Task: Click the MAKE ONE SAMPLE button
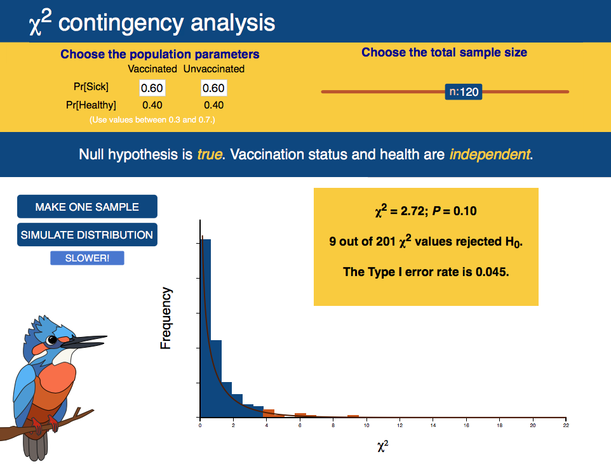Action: [87, 207]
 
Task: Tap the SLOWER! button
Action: [87, 258]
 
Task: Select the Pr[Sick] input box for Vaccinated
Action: [152, 88]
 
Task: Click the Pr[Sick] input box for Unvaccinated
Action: [214, 88]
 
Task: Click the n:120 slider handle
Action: [463, 92]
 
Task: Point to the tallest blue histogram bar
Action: [205, 328]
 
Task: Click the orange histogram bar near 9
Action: [353, 416]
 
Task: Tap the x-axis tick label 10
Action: [366, 425]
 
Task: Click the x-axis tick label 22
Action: [566, 425]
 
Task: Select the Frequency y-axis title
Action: [166, 318]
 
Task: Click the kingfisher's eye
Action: [51, 340]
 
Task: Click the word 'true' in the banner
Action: [210, 154]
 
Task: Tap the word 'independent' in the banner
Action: [490, 154]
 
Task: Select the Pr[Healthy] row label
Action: [91, 105]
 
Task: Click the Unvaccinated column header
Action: [214, 69]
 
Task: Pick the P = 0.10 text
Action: [454, 211]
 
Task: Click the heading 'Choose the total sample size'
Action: [444, 52]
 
